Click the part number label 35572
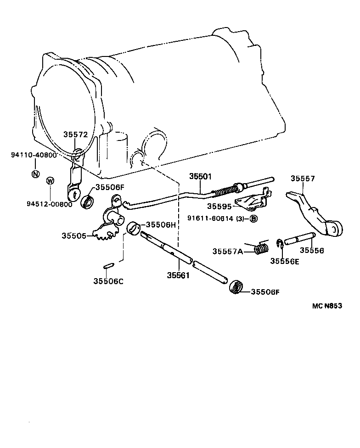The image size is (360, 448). point(75,134)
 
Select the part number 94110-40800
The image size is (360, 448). point(34,155)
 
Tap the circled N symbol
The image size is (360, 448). point(36,174)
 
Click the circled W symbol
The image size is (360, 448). point(50,180)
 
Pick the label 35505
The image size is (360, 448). point(74,236)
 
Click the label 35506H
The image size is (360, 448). point(161,224)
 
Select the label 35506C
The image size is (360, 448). point(108,281)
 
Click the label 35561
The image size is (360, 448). point(178,275)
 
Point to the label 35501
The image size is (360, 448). point(201,176)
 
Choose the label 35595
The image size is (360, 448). point(219,206)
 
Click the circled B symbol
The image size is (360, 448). point(253,218)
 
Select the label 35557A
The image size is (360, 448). point(228,251)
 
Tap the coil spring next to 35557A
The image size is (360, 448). point(261,248)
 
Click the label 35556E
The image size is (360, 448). point(285,261)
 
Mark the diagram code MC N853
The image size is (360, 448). point(327,306)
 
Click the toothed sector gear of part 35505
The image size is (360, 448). point(104,233)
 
